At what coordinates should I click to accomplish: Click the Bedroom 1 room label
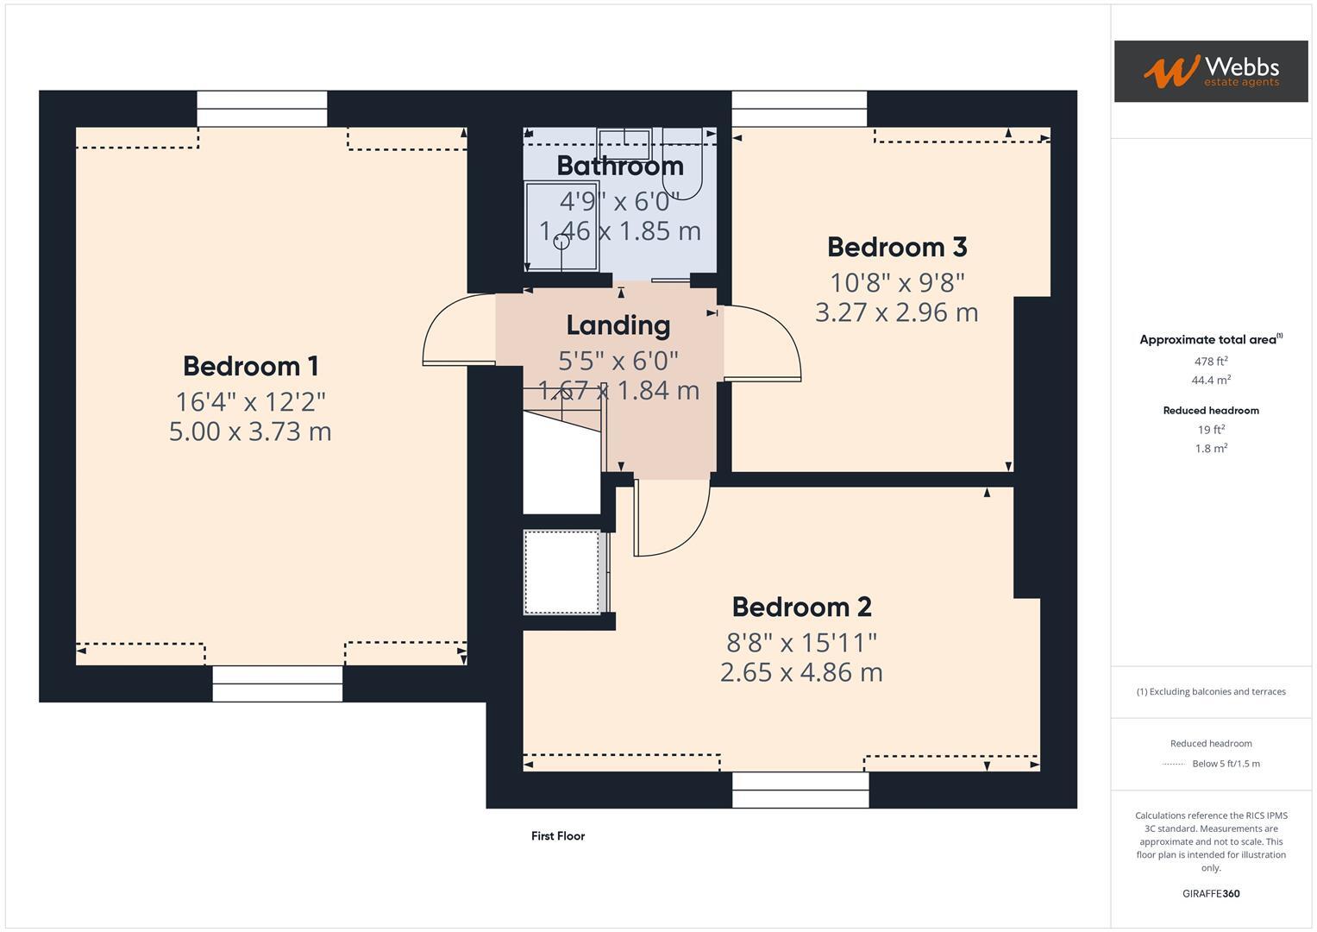click(x=250, y=366)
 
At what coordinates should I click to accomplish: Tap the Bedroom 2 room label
click(x=801, y=607)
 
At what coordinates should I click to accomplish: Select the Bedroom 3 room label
click(x=897, y=247)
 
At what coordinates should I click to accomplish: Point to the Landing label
click(x=618, y=325)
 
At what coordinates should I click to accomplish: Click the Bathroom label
click(x=619, y=166)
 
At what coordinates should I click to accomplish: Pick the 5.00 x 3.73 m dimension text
click(x=250, y=431)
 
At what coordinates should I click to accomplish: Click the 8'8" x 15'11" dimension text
click(x=801, y=642)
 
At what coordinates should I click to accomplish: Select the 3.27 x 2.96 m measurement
click(x=897, y=312)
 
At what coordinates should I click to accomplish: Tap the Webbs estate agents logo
click(x=1210, y=71)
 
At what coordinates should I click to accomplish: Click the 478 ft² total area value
click(x=1211, y=362)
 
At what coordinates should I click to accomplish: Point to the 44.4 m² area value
click(x=1211, y=380)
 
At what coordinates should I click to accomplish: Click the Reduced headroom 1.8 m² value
click(x=1211, y=448)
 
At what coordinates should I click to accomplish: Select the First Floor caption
click(x=557, y=835)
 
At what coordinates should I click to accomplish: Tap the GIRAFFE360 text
click(x=1211, y=893)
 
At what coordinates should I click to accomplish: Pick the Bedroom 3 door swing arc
click(x=772, y=341)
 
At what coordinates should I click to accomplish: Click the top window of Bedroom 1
click(x=261, y=109)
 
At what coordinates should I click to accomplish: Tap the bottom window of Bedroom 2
click(x=800, y=790)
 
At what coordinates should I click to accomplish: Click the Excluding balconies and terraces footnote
click(x=1211, y=691)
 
